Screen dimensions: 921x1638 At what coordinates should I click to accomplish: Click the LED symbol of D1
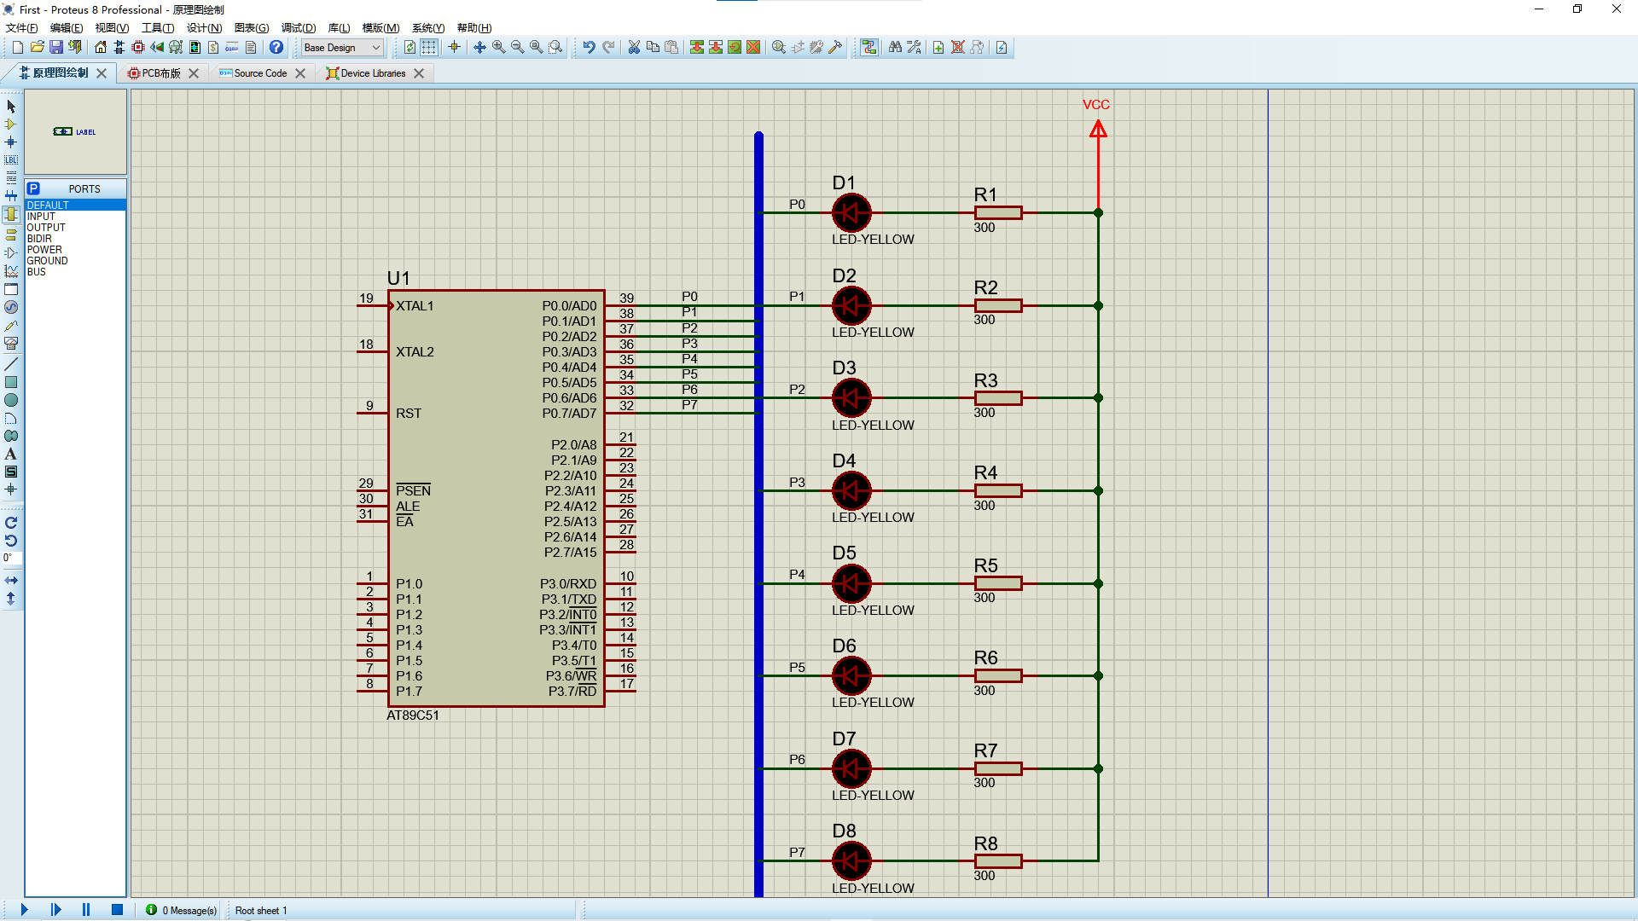[851, 213]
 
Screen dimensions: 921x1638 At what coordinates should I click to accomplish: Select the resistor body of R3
[998, 398]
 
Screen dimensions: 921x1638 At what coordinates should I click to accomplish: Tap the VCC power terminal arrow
[1098, 130]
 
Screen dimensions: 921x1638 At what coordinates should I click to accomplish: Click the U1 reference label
[398, 278]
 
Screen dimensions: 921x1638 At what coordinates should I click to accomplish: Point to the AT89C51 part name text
[413, 715]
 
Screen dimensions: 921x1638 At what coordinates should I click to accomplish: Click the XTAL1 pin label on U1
[415, 306]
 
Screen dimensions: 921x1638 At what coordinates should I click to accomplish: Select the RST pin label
[409, 414]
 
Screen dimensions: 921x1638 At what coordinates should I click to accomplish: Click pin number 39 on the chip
[627, 298]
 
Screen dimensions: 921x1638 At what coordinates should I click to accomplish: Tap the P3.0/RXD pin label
[568, 584]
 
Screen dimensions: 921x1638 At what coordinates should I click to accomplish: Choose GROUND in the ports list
[47, 261]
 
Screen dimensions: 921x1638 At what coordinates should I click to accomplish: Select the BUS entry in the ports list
[37, 272]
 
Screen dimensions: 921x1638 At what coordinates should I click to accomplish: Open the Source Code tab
[260, 73]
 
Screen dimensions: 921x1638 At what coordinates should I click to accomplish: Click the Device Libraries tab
[373, 73]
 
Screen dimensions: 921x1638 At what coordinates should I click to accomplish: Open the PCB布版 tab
[161, 73]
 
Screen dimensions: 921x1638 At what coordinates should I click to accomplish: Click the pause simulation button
[86, 910]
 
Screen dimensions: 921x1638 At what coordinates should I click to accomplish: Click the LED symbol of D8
[851, 861]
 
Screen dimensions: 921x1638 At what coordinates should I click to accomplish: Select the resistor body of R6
[998, 676]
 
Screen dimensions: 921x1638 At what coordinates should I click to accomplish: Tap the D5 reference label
[844, 553]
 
